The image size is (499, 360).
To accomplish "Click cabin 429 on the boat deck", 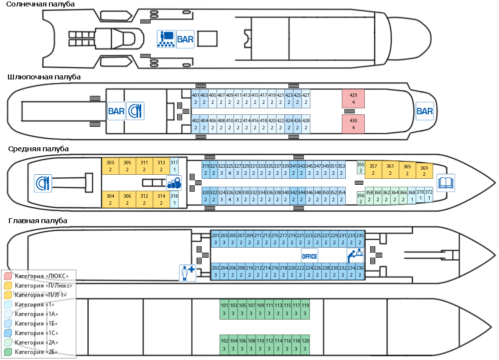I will tap(353, 98).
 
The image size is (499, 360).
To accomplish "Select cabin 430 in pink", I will tap(353, 124).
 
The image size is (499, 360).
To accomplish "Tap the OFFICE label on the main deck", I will tap(309, 256).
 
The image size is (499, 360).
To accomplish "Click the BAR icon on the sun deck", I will tap(185, 38).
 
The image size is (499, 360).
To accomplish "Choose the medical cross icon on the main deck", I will tap(187, 273).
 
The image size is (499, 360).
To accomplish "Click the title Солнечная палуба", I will tap(41, 4).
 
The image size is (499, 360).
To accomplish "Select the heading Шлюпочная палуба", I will tap(44, 77).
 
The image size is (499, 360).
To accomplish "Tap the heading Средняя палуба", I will tap(38, 149).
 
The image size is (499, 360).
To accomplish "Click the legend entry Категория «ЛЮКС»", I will tap(41, 276).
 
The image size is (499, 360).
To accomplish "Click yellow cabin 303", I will tap(110, 166).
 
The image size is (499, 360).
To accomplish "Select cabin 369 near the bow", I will tap(424, 171).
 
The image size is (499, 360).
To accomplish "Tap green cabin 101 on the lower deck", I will tap(224, 309).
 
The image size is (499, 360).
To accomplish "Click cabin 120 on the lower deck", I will tap(306, 344).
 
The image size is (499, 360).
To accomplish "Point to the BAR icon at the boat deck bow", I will tap(425, 111).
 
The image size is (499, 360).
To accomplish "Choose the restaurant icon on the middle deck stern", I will tap(43, 183).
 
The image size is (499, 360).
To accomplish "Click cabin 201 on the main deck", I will tap(216, 239).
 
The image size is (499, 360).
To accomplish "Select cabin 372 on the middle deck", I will tap(429, 195).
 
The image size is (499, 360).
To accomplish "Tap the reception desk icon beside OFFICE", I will tap(355, 256).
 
